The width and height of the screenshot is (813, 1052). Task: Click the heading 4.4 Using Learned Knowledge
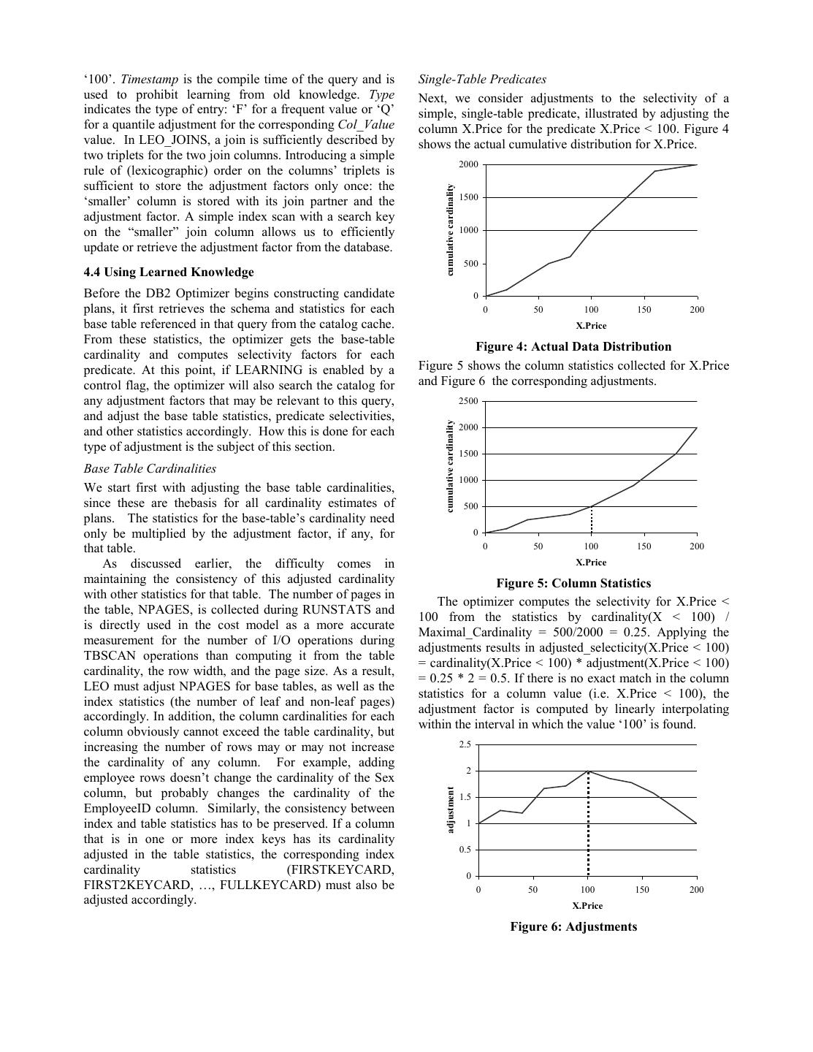click(169, 272)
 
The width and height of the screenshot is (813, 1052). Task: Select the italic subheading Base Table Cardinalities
click(150, 468)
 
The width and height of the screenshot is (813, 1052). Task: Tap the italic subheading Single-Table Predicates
click(482, 80)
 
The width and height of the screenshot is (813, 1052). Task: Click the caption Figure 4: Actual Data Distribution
click(573, 347)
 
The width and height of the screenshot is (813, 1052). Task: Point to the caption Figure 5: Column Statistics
click(573, 584)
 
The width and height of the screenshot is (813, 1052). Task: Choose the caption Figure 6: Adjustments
click(573, 927)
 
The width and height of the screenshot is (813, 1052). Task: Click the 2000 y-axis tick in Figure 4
click(468, 164)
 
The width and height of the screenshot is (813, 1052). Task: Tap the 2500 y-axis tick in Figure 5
click(468, 401)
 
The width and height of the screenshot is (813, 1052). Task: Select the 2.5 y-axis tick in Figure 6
click(465, 744)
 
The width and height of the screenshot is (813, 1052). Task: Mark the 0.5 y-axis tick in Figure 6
click(465, 850)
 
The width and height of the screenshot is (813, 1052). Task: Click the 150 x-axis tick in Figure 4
click(644, 310)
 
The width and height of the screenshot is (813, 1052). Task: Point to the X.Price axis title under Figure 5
click(591, 563)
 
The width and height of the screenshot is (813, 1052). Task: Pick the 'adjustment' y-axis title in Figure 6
click(451, 809)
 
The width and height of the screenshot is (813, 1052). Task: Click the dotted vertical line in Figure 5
click(591, 520)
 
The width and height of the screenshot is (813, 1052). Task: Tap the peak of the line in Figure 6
click(588, 771)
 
